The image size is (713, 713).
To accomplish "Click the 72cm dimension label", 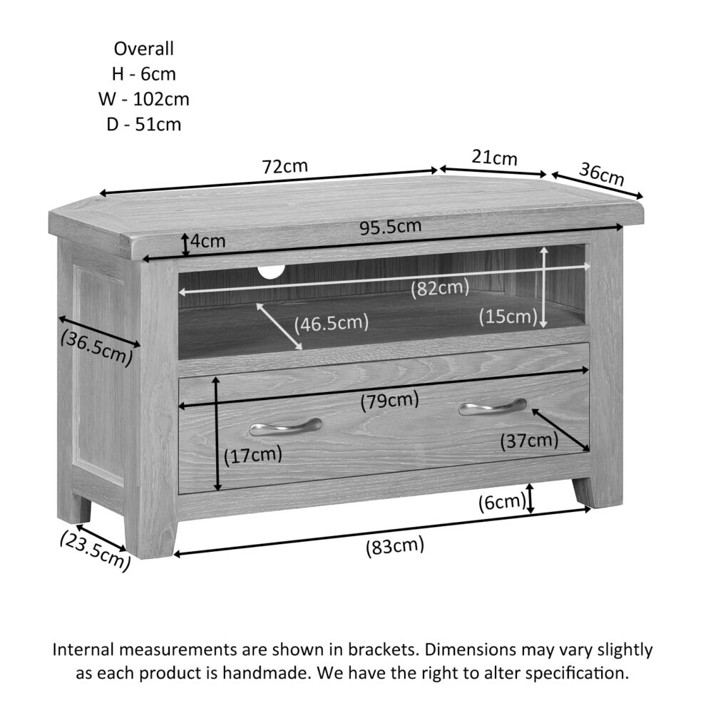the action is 284,166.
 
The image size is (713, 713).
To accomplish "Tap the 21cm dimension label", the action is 494,158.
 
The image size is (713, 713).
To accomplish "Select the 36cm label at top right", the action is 602,174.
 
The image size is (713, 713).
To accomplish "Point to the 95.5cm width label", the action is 391,227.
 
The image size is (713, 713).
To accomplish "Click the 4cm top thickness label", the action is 207,241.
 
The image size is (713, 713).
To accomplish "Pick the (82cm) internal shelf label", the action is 440,288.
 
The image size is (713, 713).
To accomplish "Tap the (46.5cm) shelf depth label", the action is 331,323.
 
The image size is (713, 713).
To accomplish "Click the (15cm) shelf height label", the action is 508,316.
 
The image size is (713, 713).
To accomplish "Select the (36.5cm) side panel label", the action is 96,347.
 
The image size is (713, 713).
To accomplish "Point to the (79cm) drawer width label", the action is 390,401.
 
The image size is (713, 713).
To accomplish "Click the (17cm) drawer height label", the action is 253,455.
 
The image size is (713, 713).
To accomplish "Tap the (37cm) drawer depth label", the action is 529,440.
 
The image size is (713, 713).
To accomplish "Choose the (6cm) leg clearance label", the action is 503,503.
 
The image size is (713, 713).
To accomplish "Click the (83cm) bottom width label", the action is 395,545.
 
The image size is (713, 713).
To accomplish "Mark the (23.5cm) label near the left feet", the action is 95,550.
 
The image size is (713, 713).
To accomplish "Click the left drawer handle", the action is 285,426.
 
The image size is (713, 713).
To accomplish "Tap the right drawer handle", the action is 493,406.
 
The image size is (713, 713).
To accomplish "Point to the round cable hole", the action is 271,272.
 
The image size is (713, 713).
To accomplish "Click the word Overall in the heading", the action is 144,48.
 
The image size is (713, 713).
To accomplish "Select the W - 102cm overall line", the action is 144,99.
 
